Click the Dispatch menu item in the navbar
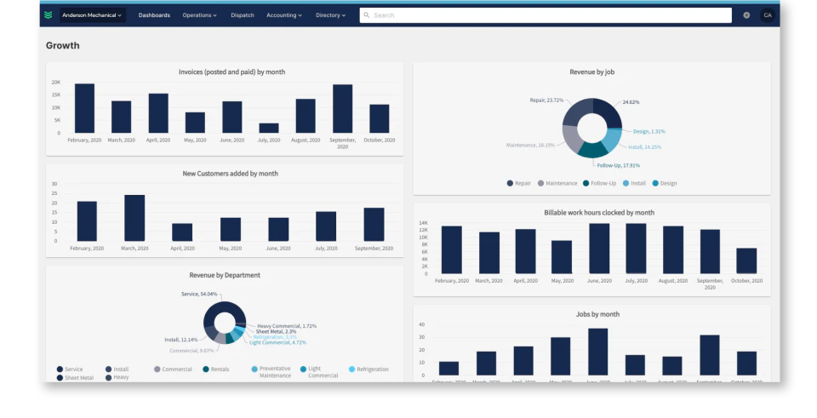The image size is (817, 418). [x=242, y=15]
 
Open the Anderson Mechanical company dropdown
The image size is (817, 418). [x=93, y=15]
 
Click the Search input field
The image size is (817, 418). [x=545, y=15]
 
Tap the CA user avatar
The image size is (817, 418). [x=767, y=15]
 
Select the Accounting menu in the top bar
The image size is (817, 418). [x=284, y=15]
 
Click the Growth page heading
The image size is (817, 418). [x=63, y=46]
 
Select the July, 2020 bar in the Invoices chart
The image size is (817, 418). [x=269, y=128]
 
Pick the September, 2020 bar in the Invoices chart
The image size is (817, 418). [x=342, y=108]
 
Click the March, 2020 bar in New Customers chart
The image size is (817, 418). [x=134, y=218]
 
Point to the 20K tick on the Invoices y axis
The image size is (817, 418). [x=55, y=83]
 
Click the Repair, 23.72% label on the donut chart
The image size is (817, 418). [x=546, y=100]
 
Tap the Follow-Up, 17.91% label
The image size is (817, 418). [x=618, y=165]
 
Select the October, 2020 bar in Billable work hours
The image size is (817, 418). [x=746, y=261]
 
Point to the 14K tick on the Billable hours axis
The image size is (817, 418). [x=423, y=224]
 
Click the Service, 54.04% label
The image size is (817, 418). [x=198, y=294]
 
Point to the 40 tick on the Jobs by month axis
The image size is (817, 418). [x=421, y=324]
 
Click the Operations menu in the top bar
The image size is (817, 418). [x=199, y=15]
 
